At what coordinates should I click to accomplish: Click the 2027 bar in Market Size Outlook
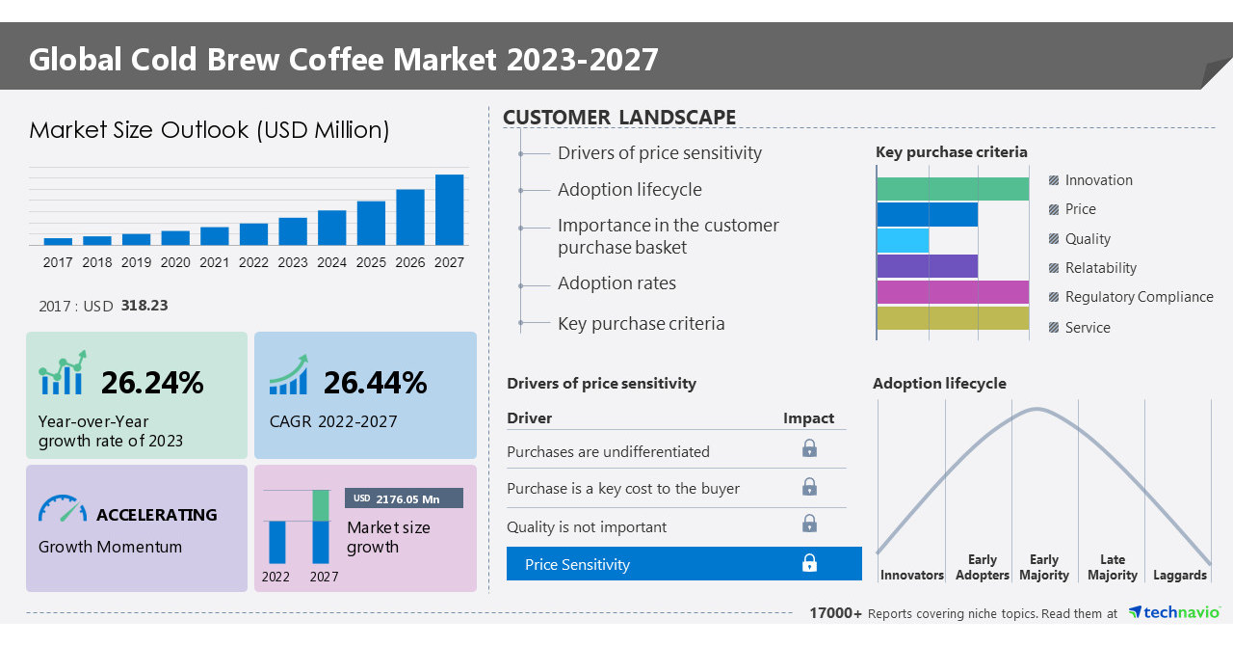point(449,209)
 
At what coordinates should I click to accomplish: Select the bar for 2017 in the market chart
point(58,241)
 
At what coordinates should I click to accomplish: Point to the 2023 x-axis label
point(293,262)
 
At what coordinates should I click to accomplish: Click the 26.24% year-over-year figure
point(152,383)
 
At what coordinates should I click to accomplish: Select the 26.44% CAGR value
point(375,383)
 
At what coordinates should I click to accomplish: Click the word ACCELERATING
point(157,515)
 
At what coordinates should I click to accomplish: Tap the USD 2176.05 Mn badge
point(404,498)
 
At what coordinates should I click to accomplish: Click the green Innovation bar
point(952,189)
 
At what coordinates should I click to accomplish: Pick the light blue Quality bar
point(903,240)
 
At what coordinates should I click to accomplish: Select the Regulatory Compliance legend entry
point(1138,297)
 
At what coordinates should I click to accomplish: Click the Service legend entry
point(1087,328)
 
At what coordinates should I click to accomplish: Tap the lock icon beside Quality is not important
point(809,524)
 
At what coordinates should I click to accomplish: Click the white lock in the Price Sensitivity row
point(809,563)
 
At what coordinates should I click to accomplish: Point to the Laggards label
point(1179,575)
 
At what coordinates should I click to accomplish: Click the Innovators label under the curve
point(911,575)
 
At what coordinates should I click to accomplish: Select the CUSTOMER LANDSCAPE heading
point(619,118)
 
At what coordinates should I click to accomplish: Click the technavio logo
point(1173,612)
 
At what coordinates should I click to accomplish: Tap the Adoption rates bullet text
point(616,283)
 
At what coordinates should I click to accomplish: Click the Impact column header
point(808,417)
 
